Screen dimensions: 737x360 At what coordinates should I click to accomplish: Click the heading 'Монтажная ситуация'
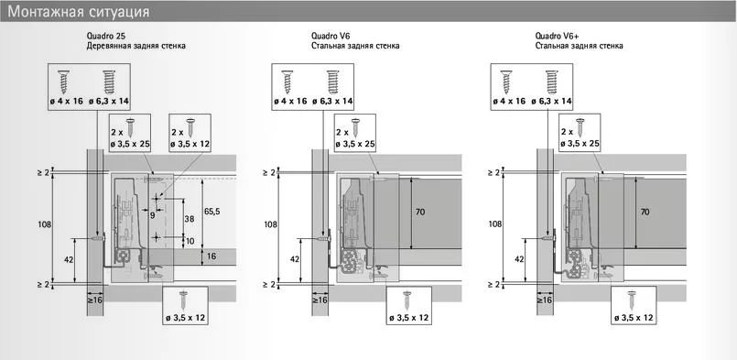point(79,11)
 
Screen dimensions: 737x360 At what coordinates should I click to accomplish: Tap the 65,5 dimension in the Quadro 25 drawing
point(212,212)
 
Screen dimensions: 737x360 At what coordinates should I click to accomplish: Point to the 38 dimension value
point(189,218)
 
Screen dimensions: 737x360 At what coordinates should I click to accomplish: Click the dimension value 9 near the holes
point(152,215)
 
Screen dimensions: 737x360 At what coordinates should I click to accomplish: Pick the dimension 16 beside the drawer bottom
point(211,256)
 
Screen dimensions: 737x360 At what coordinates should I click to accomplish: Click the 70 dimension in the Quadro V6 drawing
point(420,212)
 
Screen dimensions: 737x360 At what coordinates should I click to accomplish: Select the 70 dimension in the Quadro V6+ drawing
point(645,212)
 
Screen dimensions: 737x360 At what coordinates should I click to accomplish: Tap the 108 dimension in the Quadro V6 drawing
point(271,224)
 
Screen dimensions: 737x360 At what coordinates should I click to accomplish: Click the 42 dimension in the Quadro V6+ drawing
point(519,259)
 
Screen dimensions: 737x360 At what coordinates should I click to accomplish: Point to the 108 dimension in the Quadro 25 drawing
point(45,224)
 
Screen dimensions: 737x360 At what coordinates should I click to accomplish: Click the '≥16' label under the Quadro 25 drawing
point(95,300)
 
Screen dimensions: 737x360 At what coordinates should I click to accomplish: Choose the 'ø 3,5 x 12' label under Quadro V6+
point(634,318)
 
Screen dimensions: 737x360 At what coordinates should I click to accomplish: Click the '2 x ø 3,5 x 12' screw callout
point(190,133)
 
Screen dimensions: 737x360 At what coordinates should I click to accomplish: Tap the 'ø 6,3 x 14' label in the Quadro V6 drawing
point(333,101)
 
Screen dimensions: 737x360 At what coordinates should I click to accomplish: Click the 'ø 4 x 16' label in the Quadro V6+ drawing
point(510,101)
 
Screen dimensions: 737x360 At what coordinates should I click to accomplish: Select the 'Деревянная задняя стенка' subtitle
point(135,46)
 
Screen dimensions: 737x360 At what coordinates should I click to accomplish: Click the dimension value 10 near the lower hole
point(190,241)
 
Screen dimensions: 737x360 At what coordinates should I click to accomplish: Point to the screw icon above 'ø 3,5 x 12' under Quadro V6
point(407,300)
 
